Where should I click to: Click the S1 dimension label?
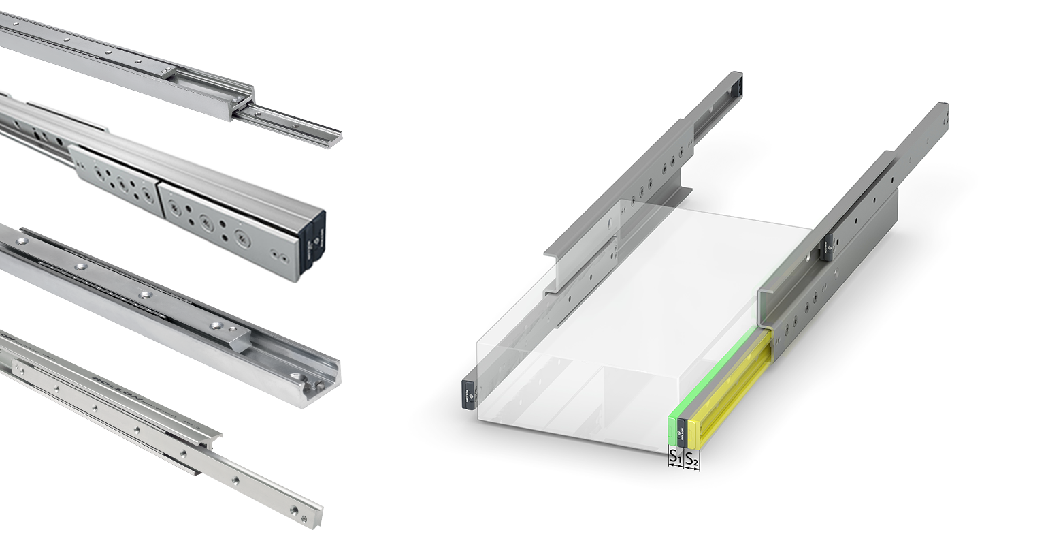tap(674, 458)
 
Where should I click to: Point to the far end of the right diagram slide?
tap(940, 114)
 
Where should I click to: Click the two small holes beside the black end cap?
tap(278, 256)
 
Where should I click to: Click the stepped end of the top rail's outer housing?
tap(242, 102)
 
